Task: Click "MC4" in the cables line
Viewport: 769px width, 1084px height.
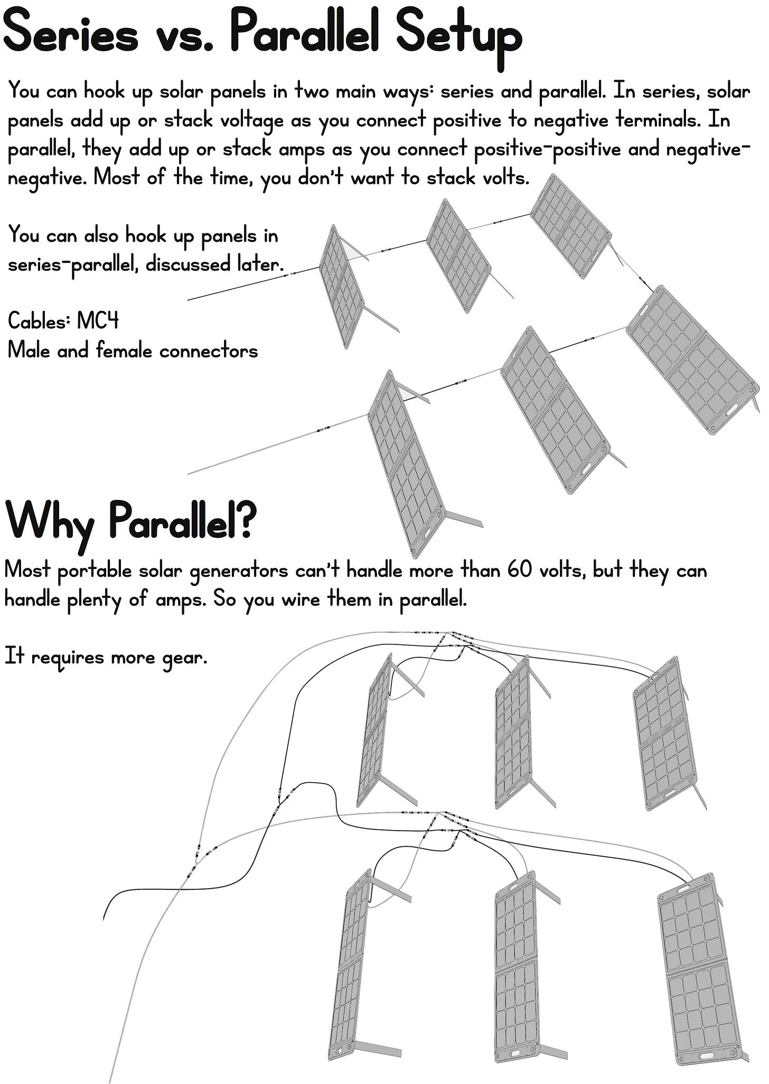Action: click(x=98, y=321)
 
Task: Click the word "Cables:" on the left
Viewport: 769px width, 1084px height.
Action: click(x=39, y=321)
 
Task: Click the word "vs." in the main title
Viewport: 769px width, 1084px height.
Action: click(x=183, y=35)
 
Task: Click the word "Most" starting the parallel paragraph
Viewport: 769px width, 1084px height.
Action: click(x=27, y=570)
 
